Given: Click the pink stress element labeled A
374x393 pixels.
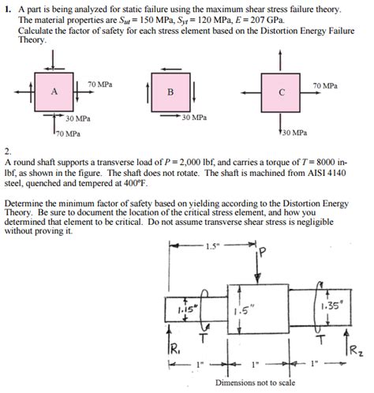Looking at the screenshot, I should pos(54,92).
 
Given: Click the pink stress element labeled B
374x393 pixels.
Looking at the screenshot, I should pos(169,92).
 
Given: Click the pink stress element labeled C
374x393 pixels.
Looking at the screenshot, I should pos(282,92).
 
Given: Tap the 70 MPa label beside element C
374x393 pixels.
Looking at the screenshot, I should pos(325,84).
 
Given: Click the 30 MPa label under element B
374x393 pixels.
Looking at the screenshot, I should pos(193,117).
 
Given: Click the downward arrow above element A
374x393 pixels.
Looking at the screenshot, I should pos(54,62).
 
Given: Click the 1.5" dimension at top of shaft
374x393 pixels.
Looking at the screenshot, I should pos(211,245).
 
